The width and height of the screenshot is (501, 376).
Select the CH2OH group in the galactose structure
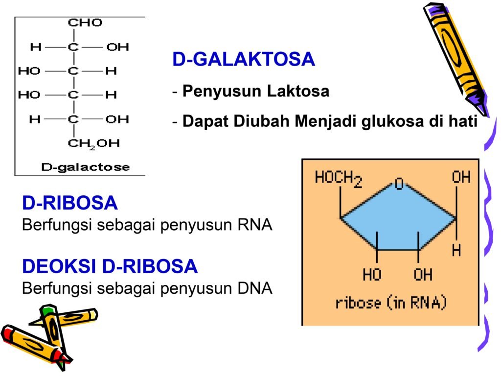[93, 143]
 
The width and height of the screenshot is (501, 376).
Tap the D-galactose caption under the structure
[85, 167]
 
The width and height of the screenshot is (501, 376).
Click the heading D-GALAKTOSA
[243, 59]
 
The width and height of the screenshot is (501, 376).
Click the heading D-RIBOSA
[70, 203]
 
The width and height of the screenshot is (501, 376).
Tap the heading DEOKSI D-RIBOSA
[110, 266]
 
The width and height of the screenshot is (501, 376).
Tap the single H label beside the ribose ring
[456, 251]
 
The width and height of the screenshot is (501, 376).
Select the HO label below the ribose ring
[372, 275]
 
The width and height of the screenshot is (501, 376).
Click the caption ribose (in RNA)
[391, 303]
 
